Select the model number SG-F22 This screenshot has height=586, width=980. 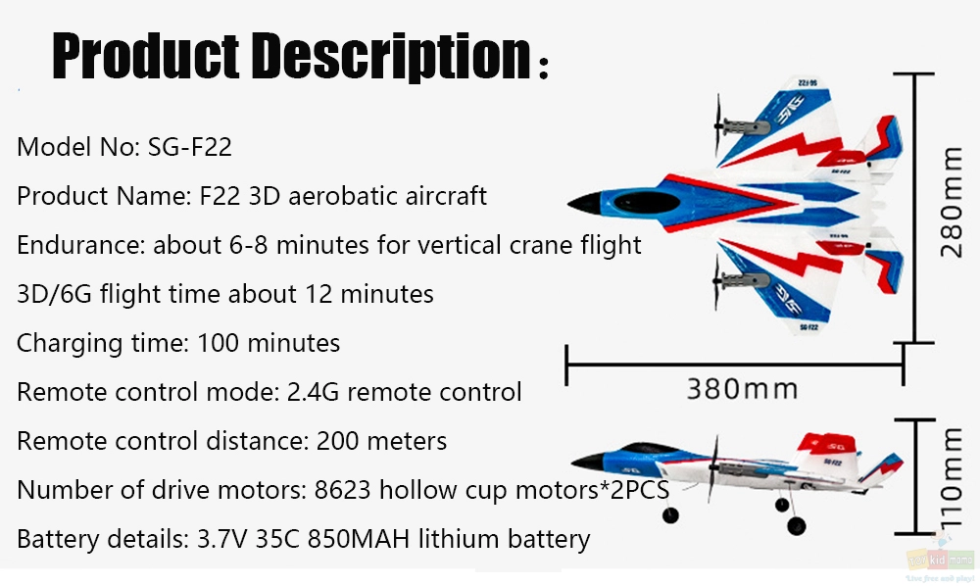[x=190, y=147]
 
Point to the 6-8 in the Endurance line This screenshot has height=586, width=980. [x=249, y=245]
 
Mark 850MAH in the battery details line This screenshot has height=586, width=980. [x=359, y=539]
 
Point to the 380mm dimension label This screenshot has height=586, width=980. [x=743, y=389]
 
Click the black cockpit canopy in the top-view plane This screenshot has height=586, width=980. [x=646, y=203]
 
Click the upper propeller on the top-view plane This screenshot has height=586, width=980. [x=718, y=125]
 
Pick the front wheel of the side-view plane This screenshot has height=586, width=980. [x=670, y=514]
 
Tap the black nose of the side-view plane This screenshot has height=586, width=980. [x=588, y=463]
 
